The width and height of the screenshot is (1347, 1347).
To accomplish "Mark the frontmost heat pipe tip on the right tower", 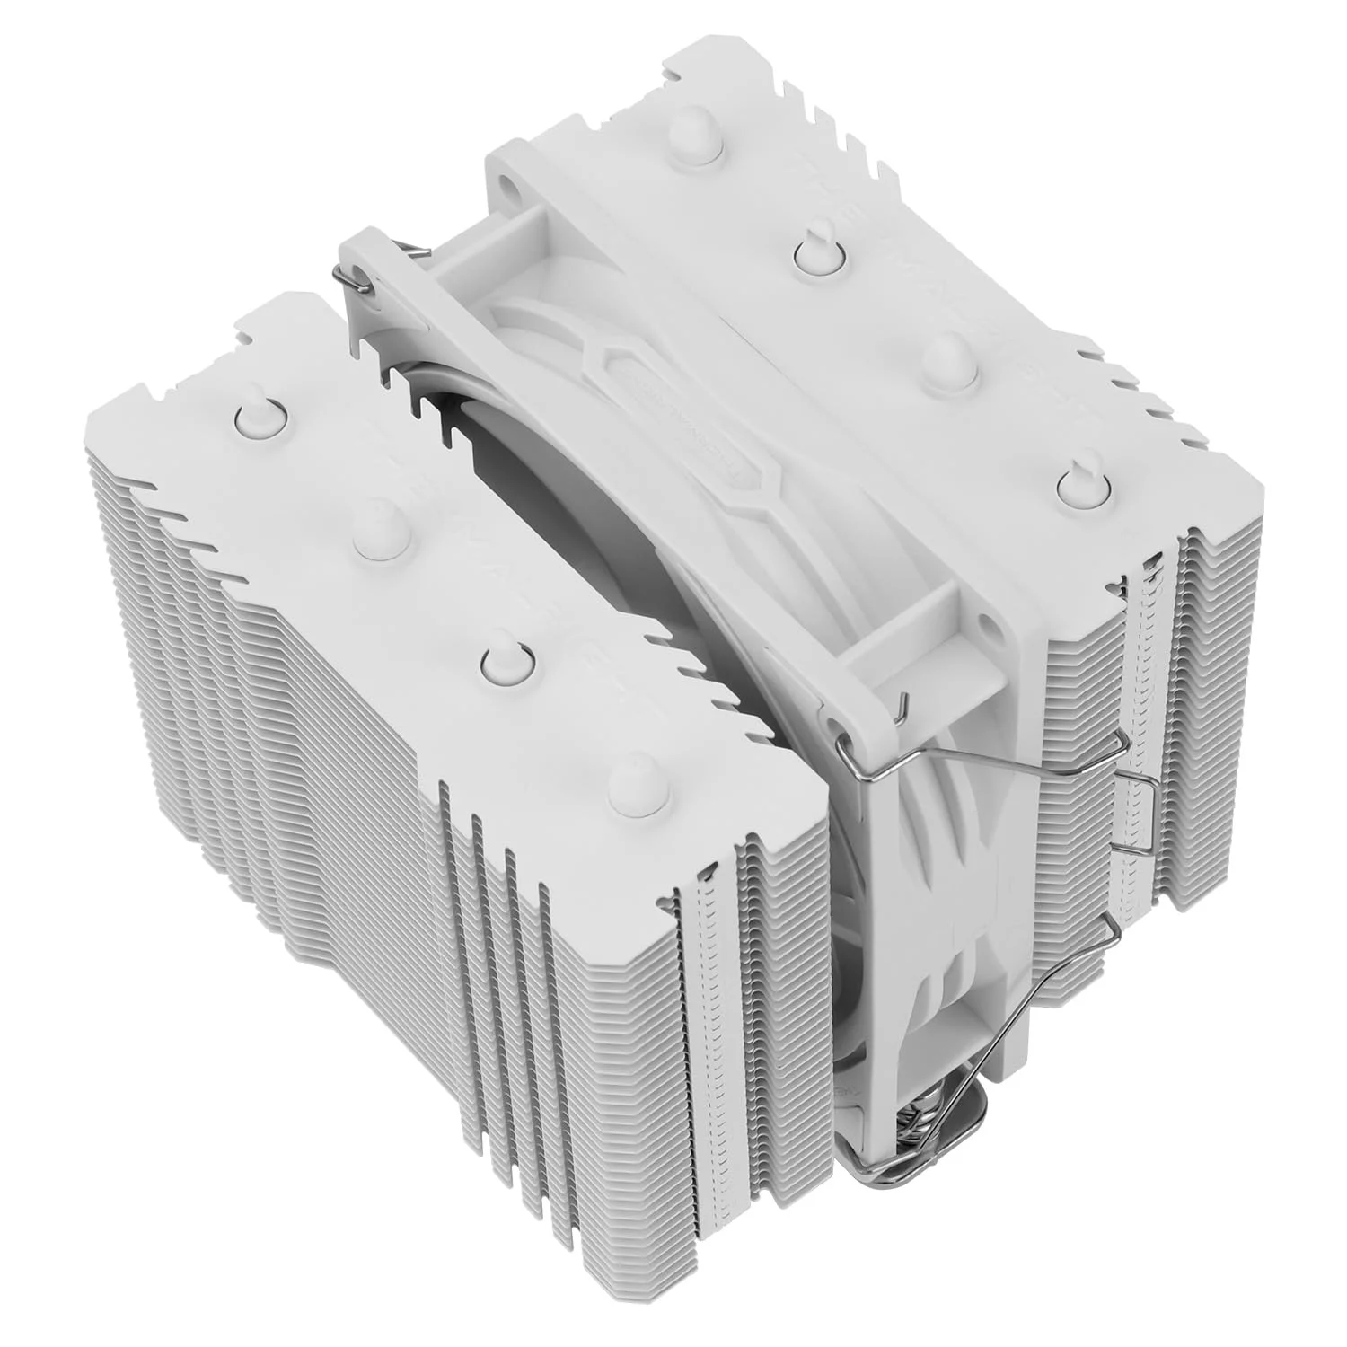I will click(1075, 482).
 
